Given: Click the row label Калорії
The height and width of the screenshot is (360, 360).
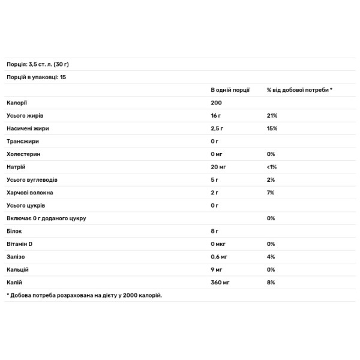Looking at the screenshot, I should point(16,103).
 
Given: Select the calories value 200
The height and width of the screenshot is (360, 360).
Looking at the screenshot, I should point(216,103).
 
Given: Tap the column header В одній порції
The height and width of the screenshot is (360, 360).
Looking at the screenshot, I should point(230,89).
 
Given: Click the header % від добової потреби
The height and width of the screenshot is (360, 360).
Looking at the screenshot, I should point(299,89).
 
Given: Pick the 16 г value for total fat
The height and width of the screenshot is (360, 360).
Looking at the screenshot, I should point(217,115).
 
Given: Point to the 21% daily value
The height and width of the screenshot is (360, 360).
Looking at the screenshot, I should point(272,115).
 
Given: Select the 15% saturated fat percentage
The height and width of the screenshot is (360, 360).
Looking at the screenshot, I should point(272,128).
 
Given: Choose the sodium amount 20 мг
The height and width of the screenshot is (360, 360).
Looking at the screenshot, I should point(218,167).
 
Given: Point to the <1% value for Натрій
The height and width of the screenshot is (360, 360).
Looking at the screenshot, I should point(272,167).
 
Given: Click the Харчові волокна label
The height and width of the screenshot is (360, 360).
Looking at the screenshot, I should point(29,193).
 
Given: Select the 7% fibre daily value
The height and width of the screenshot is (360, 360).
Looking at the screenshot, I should point(271,193).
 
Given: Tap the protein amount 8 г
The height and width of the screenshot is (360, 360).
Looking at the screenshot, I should point(215,231).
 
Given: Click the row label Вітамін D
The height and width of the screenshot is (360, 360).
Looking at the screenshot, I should point(20,244).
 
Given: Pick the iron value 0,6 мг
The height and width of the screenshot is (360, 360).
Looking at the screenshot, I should point(220,257).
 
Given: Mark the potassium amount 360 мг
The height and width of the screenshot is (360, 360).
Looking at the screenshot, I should point(220,282).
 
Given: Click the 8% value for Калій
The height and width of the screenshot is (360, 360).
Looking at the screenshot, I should point(271,282).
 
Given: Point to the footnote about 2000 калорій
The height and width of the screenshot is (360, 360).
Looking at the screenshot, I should point(84,295).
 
